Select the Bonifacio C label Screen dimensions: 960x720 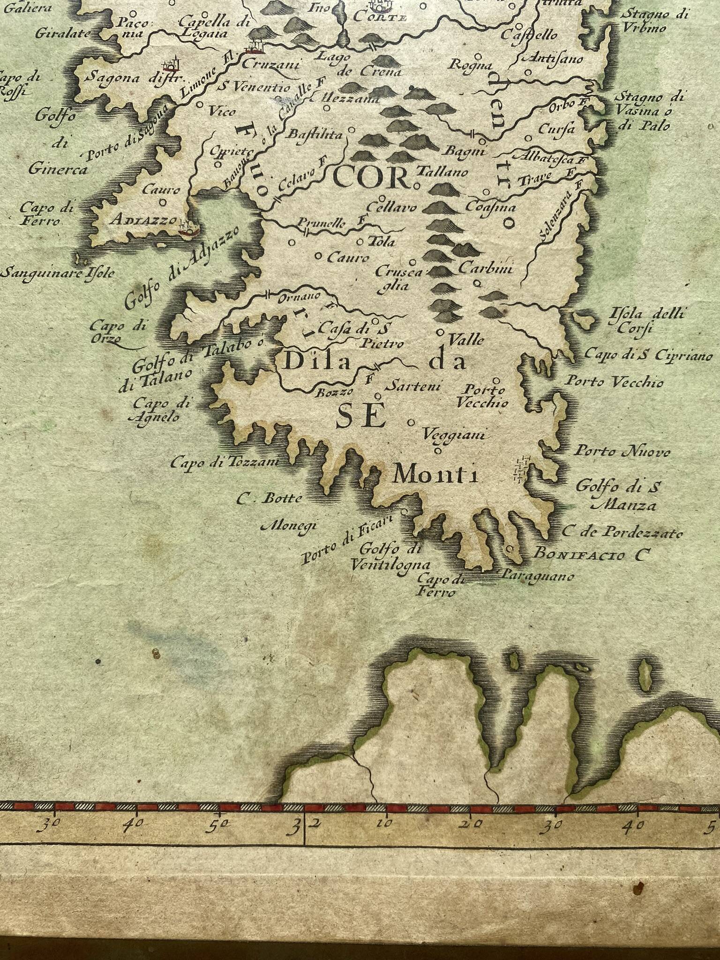click(592, 555)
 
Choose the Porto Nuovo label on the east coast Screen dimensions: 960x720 click(622, 452)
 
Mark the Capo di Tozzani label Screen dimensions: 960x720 click(225, 463)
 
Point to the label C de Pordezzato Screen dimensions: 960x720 click(622, 532)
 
